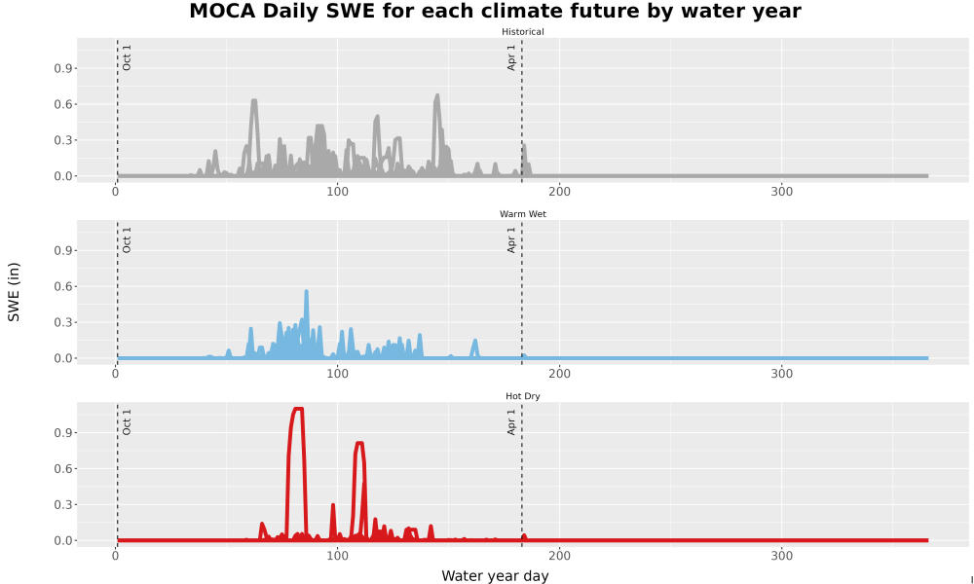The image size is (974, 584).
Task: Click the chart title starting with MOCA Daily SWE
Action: click(495, 11)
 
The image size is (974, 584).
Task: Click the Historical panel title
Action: click(522, 32)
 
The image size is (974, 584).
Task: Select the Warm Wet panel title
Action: click(522, 214)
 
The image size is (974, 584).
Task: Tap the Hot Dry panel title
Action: click(522, 396)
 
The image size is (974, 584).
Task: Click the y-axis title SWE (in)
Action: click(14, 292)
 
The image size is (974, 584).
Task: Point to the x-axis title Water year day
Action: click(495, 575)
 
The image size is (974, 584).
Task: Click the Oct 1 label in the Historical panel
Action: click(127, 57)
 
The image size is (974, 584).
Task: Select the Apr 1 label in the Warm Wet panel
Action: click(511, 239)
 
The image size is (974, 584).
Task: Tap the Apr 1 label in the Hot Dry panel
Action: click(511, 422)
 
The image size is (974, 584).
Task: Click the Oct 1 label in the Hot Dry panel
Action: click(127, 422)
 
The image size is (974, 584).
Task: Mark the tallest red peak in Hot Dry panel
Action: click(298, 409)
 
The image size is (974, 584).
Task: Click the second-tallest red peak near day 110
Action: click(359, 443)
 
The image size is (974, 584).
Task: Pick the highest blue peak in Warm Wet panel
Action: click(306, 291)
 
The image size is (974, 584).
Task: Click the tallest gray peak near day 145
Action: click(437, 95)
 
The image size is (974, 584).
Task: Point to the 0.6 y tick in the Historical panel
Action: click(63, 104)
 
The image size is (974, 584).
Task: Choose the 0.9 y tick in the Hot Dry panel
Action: click(63, 432)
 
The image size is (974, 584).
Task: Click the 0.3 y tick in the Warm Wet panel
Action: click(63, 322)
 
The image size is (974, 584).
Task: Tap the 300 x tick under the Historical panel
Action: click(781, 192)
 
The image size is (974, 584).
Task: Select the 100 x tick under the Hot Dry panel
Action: click(337, 556)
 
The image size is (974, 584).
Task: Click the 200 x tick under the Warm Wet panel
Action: click(560, 374)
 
